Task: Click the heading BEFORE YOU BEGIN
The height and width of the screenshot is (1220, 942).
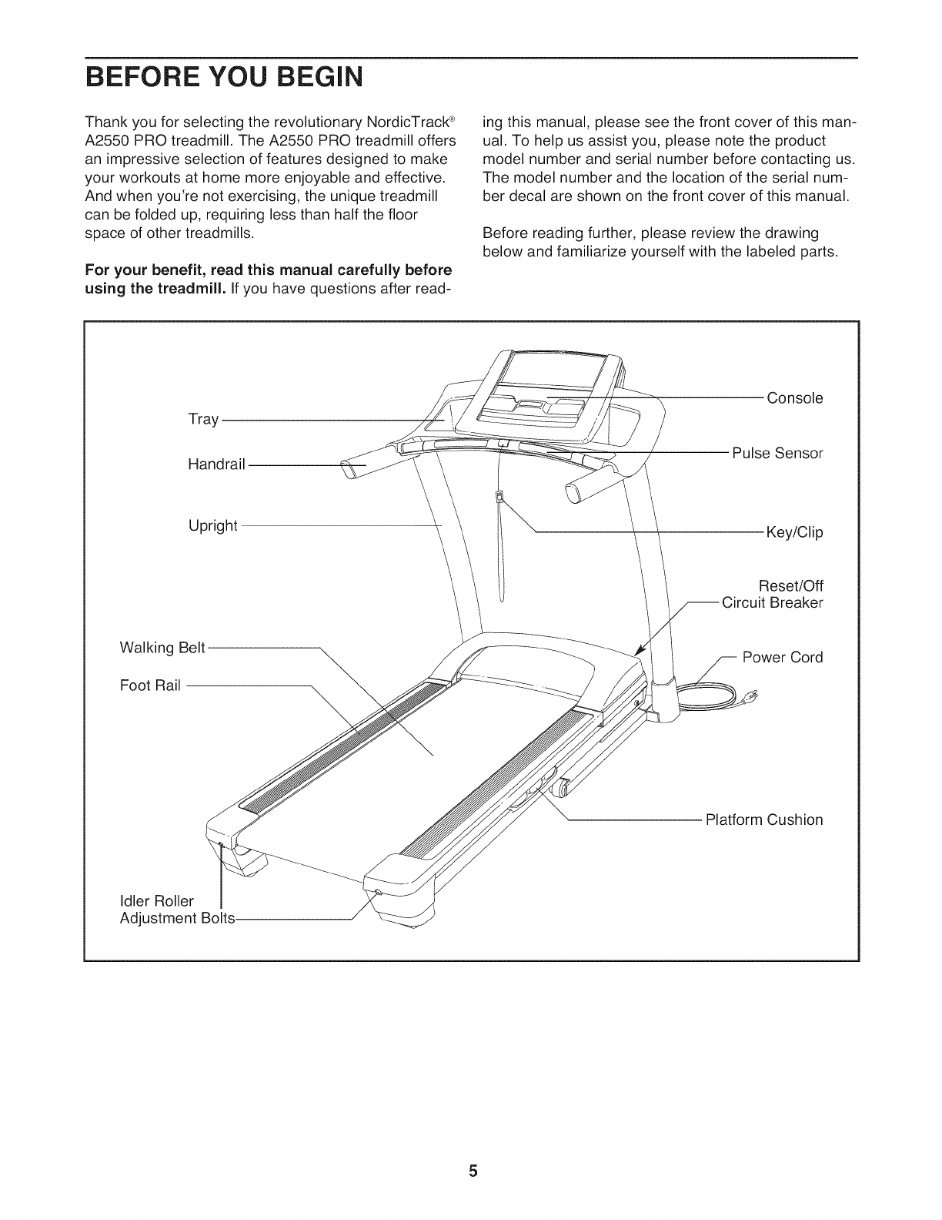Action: [x=223, y=79]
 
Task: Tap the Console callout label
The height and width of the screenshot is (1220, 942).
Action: [x=795, y=398]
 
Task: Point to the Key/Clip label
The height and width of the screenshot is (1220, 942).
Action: [x=794, y=532]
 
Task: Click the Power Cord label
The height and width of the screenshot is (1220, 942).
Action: [x=783, y=657]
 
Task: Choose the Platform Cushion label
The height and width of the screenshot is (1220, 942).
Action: [x=764, y=819]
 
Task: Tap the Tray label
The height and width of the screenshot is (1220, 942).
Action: [x=203, y=420]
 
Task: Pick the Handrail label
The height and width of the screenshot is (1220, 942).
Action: [x=216, y=464]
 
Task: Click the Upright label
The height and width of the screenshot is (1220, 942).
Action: [x=213, y=526]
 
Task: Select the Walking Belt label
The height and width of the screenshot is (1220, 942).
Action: [x=162, y=648]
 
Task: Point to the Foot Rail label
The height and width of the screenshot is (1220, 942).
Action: [x=150, y=685]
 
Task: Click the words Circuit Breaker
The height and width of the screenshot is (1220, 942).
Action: [x=773, y=602]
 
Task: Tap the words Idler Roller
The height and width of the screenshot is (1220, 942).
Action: [x=158, y=901]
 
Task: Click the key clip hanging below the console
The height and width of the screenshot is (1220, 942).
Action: [x=499, y=497]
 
